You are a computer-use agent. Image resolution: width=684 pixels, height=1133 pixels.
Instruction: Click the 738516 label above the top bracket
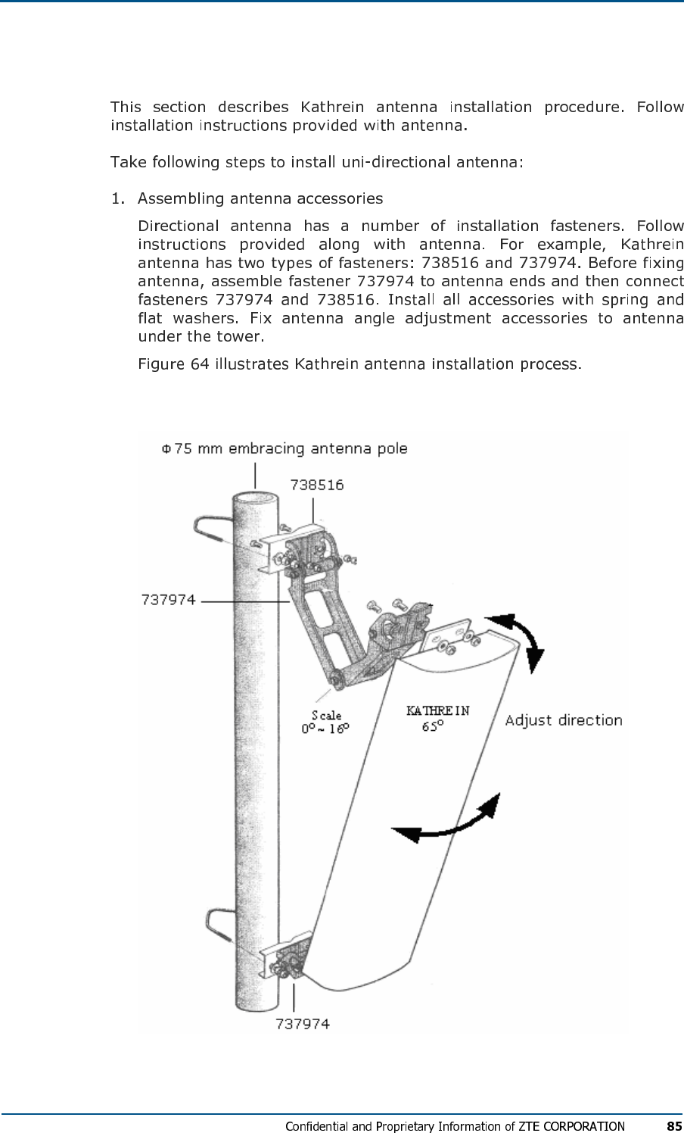click(317, 485)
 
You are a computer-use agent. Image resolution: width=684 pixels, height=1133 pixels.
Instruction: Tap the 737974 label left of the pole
click(169, 600)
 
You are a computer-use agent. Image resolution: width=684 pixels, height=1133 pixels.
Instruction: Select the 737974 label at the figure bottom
click(303, 1024)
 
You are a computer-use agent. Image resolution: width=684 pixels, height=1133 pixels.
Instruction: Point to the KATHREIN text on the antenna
click(437, 710)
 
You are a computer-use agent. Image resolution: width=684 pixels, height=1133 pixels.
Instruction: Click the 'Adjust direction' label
click(563, 720)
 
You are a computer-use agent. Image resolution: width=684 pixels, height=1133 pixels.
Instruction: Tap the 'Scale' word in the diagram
click(326, 715)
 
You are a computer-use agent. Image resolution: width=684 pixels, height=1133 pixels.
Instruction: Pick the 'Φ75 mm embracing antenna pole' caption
click(284, 448)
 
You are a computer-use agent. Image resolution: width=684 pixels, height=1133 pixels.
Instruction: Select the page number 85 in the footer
click(674, 1125)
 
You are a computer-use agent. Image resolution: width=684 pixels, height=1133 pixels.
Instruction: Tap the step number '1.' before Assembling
click(117, 199)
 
